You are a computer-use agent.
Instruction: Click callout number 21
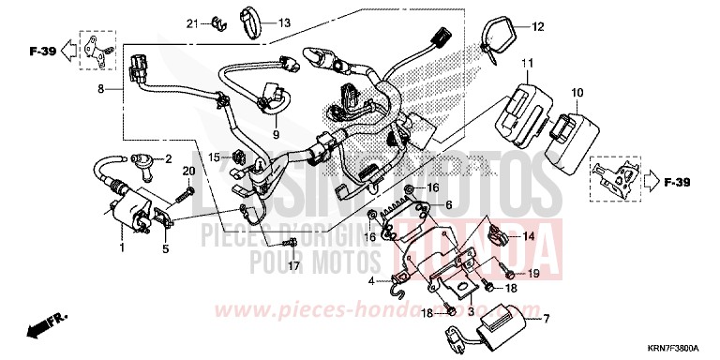tap(192, 22)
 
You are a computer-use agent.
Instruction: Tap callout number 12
tap(537, 26)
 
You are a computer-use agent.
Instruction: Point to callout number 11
tap(528, 64)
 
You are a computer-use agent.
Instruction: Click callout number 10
tap(577, 93)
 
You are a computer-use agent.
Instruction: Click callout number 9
tap(276, 134)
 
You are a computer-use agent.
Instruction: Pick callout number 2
tap(169, 159)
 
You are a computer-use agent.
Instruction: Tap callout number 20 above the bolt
tap(187, 172)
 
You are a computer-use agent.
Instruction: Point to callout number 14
tap(529, 237)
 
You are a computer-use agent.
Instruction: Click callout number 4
tap(372, 280)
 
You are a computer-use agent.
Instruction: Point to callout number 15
tap(213, 157)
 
